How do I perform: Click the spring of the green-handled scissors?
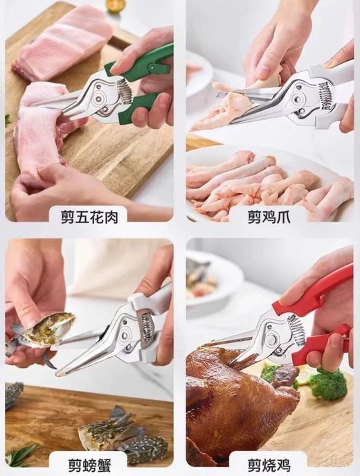[x=125, y=89]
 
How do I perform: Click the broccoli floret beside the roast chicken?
[x=325, y=383]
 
